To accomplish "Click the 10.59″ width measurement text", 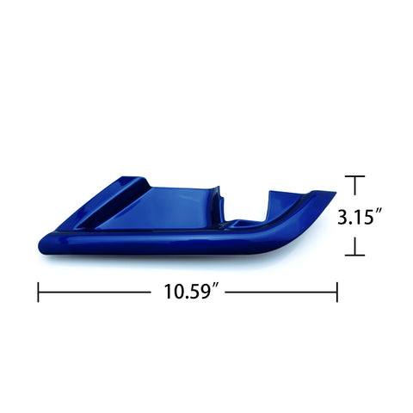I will point(194,292).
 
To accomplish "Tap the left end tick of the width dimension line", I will point(38,292).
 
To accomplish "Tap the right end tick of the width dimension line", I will point(336,292).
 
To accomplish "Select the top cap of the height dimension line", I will point(354,176).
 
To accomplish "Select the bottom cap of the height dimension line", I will point(354,256).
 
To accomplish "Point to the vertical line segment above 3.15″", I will point(354,191).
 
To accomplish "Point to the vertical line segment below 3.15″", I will point(354,243).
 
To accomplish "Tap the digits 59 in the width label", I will point(204,292).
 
